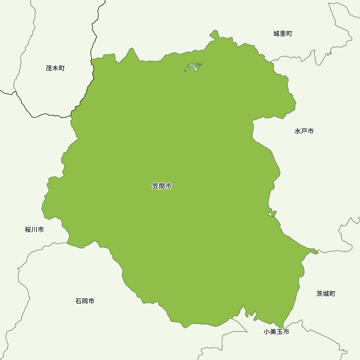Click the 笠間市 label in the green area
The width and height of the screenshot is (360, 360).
click(x=162, y=186)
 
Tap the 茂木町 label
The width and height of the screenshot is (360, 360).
click(x=55, y=68)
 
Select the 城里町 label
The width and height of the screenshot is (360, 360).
click(x=283, y=34)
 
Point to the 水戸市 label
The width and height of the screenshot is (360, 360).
click(x=304, y=131)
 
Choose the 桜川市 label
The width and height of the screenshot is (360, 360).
click(x=35, y=229)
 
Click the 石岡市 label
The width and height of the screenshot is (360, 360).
click(x=85, y=301)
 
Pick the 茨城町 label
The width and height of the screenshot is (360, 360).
click(x=326, y=294)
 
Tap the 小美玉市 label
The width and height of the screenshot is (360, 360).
click(x=276, y=332)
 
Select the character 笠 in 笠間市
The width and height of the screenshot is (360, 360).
click(x=155, y=186)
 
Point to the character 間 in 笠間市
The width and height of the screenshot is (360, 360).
click(x=162, y=186)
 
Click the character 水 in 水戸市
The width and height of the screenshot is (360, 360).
click(x=298, y=131)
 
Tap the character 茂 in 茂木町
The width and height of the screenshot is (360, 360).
click(x=49, y=68)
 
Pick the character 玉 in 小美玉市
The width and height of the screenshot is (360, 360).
click(x=279, y=332)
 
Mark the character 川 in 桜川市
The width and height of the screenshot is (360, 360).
click(x=35, y=229)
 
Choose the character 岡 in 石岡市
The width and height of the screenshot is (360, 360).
click(x=85, y=301)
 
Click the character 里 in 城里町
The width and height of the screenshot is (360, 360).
click(x=283, y=34)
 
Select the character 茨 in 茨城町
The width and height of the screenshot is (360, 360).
click(x=320, y=294)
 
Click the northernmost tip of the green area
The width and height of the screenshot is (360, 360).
click(x=215, y=31)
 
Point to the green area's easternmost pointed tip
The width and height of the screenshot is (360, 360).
click(x=318, y=252)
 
